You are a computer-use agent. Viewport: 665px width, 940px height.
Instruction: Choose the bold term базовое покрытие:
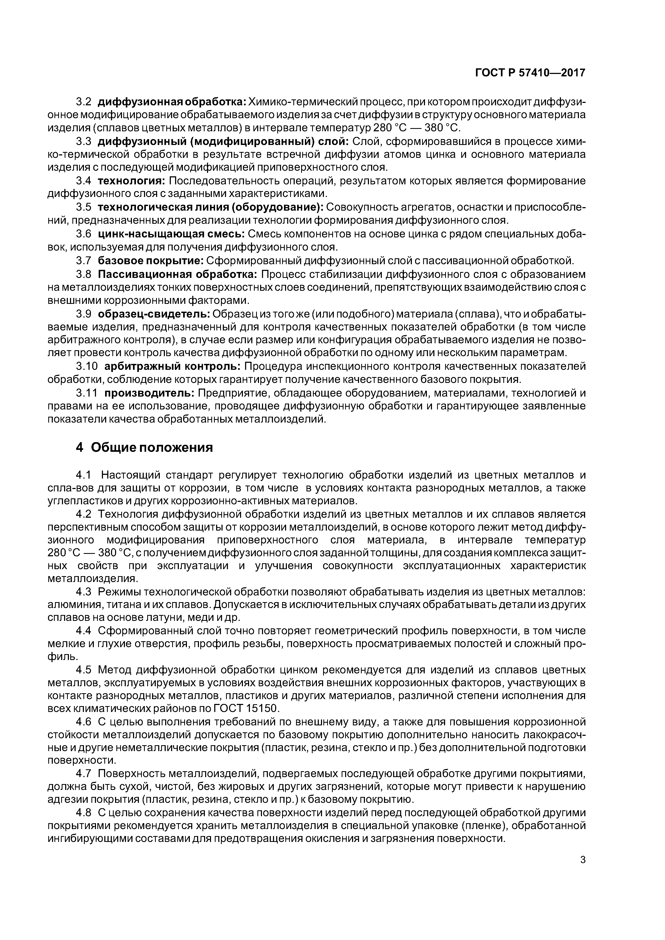[x=150, y=261]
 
